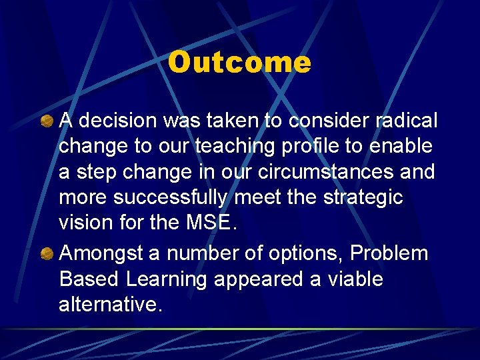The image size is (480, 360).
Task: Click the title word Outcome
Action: (239, 63)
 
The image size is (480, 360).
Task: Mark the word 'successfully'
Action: (172, 197)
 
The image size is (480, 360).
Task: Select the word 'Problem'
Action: (389, 254)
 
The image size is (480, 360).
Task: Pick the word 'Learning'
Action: (165, 279)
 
